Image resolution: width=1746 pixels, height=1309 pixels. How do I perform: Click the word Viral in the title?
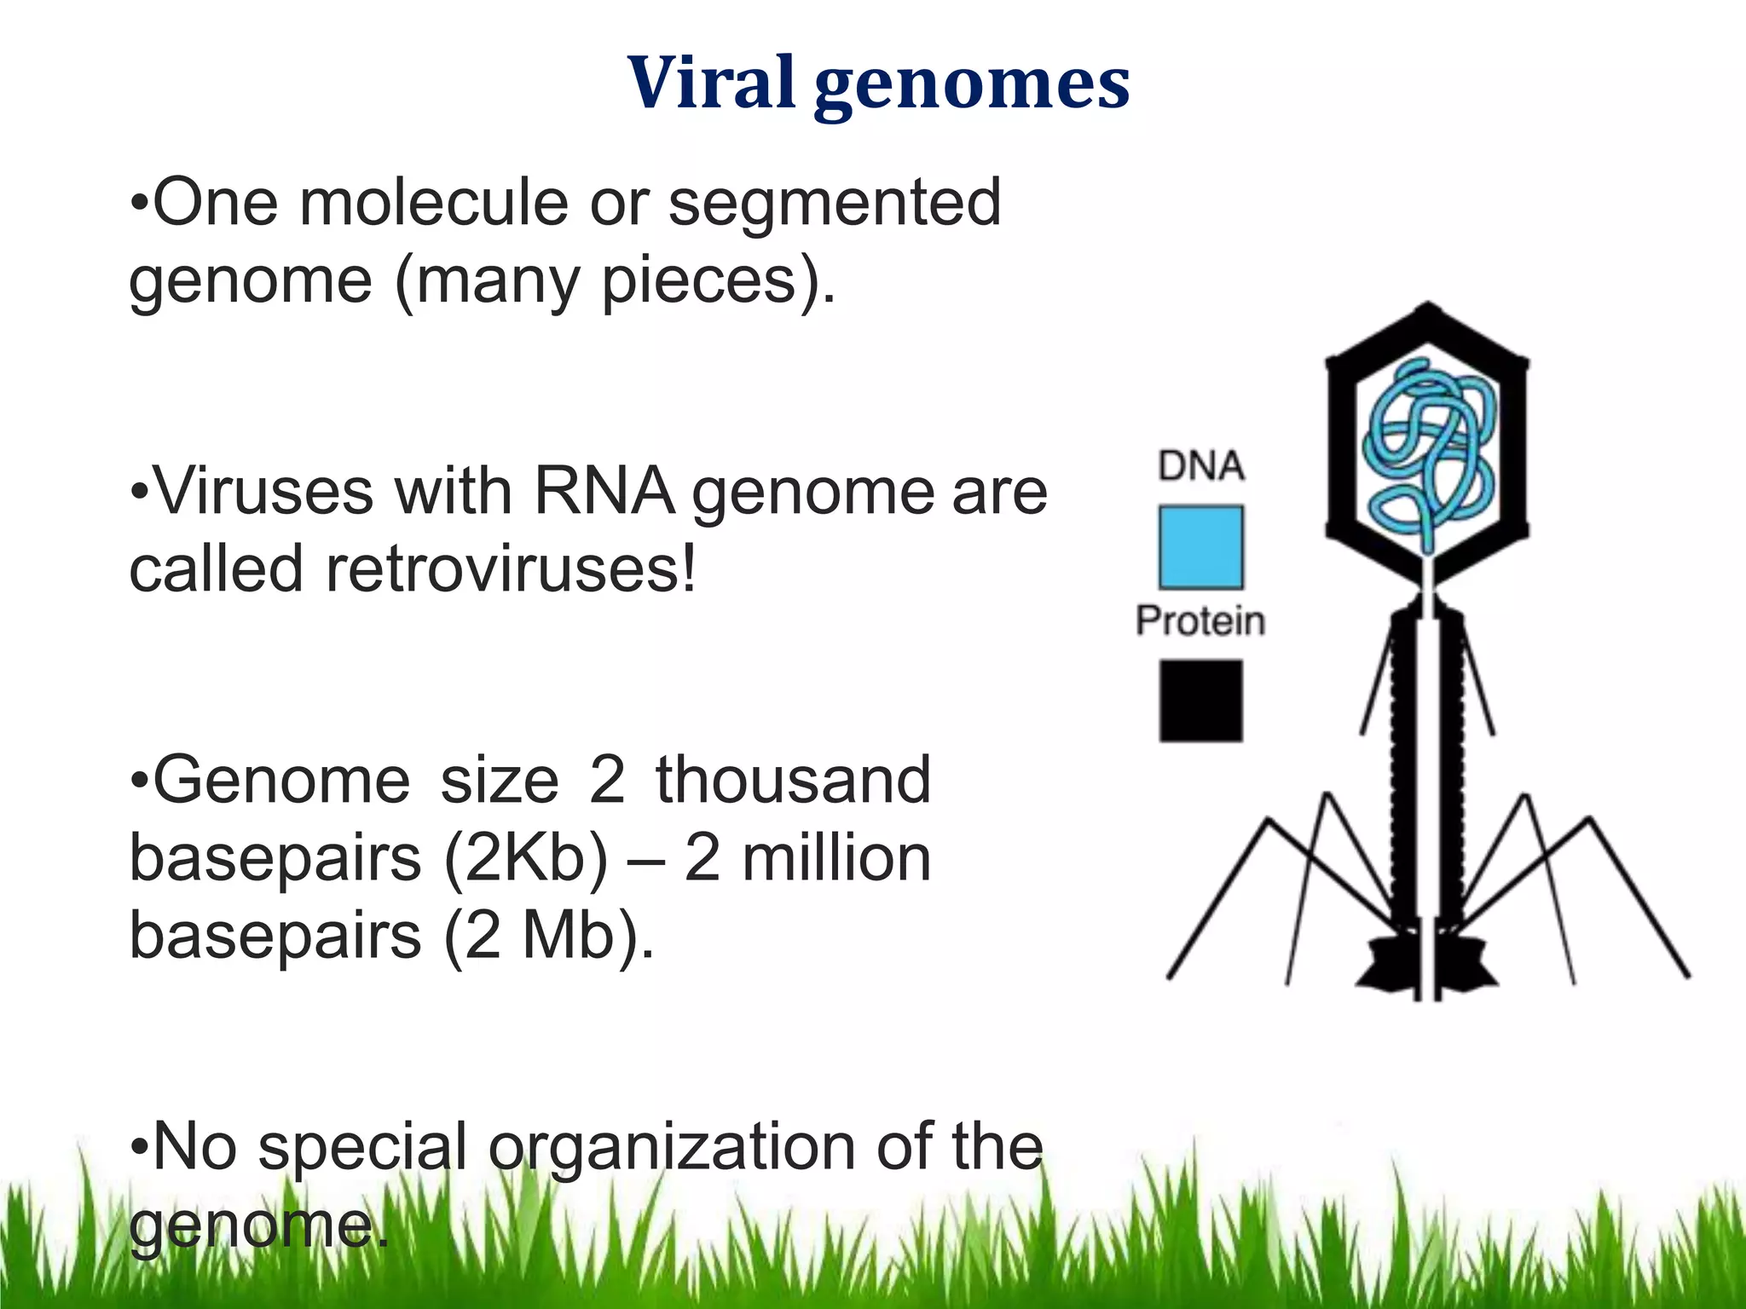coord(711,83)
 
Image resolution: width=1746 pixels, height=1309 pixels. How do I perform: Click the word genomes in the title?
coord(972,85)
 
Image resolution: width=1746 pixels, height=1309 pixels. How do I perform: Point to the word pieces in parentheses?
coord(699,281)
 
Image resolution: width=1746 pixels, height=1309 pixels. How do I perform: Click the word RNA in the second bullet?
coord(604,492)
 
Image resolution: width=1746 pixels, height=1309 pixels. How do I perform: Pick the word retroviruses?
coord(511,569)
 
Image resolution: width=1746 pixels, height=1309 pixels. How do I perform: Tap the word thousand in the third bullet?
coord(793,780)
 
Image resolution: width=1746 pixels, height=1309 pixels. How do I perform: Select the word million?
coord(836,858)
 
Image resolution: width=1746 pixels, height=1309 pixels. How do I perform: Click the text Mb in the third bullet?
coord(569,936)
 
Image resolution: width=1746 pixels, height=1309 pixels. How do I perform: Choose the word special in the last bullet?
coord(362,1147)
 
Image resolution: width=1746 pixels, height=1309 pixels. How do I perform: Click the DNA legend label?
coord(1200,466)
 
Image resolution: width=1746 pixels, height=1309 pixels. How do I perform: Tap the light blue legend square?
coord(1200,547)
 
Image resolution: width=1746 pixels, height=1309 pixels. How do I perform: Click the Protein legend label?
coord(1200,620)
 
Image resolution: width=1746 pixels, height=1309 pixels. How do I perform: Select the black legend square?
coord(1200,701)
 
